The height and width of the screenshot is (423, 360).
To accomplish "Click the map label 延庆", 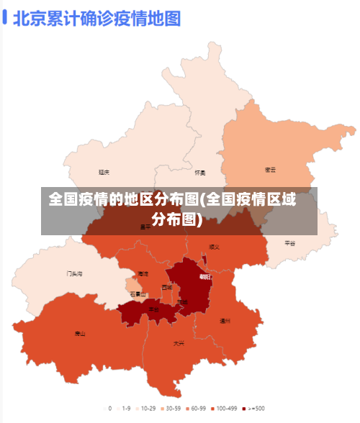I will tap(104, 173).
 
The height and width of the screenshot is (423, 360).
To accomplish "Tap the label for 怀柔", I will tap(200, 173).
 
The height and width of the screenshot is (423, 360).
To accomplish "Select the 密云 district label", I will tap(271, 170).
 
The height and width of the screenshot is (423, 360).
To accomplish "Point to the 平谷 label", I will tap(290, 243).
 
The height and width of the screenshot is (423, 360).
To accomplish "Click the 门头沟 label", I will tap(75, 274).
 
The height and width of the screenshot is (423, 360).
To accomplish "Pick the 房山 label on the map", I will tap(80, 334).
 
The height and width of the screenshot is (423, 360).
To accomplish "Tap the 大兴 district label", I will tap(179, 343).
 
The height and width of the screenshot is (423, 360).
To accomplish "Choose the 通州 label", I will tap(225, 321).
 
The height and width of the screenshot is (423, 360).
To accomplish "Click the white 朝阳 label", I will tap(205, 277).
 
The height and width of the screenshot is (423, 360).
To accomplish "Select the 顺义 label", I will tap(214, 247).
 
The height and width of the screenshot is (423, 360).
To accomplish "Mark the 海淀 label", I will tap(143, 274).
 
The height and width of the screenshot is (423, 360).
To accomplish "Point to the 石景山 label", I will tap(138, 294).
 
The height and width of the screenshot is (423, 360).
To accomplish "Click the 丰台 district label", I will tap(153, 309).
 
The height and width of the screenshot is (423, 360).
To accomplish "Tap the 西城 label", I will tap(167, 287).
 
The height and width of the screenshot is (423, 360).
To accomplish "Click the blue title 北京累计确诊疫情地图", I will tap(96, 18).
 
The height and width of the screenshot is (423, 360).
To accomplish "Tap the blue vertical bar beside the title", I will tap(5, 18).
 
